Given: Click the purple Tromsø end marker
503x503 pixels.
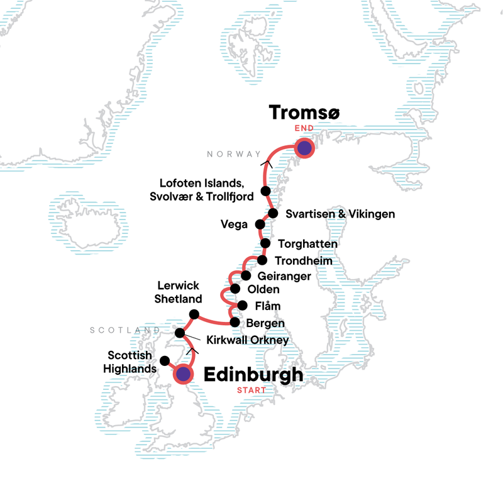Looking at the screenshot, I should [304, 148].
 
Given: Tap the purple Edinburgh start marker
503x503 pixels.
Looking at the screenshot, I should [183, 375].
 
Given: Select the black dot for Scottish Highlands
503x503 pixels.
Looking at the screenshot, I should [165, 361].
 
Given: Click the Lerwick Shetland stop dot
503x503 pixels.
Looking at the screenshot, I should [194, 314].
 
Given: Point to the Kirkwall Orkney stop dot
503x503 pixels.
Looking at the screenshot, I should [180, 333].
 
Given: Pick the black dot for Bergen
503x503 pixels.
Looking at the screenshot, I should [235, 323].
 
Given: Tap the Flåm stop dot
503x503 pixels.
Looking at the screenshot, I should [242, 306].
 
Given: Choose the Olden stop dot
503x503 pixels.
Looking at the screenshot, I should [235, 289].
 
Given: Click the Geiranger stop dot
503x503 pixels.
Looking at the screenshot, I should [246, 275].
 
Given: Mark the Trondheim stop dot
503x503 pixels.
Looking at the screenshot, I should [262, 260].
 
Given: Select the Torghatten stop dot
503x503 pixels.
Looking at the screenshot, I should [265, 243].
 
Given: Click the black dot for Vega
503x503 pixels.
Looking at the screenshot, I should [260, 224].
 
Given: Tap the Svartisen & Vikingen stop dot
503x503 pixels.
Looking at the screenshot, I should [273, 214].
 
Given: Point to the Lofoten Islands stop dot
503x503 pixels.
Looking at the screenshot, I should [265, 191].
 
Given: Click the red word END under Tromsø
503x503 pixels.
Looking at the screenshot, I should [304, 129].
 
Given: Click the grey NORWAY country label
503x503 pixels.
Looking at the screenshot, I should [233, 154].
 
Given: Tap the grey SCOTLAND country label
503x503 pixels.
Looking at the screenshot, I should [124, 330].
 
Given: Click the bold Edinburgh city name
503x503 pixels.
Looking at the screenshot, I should [253, 375].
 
